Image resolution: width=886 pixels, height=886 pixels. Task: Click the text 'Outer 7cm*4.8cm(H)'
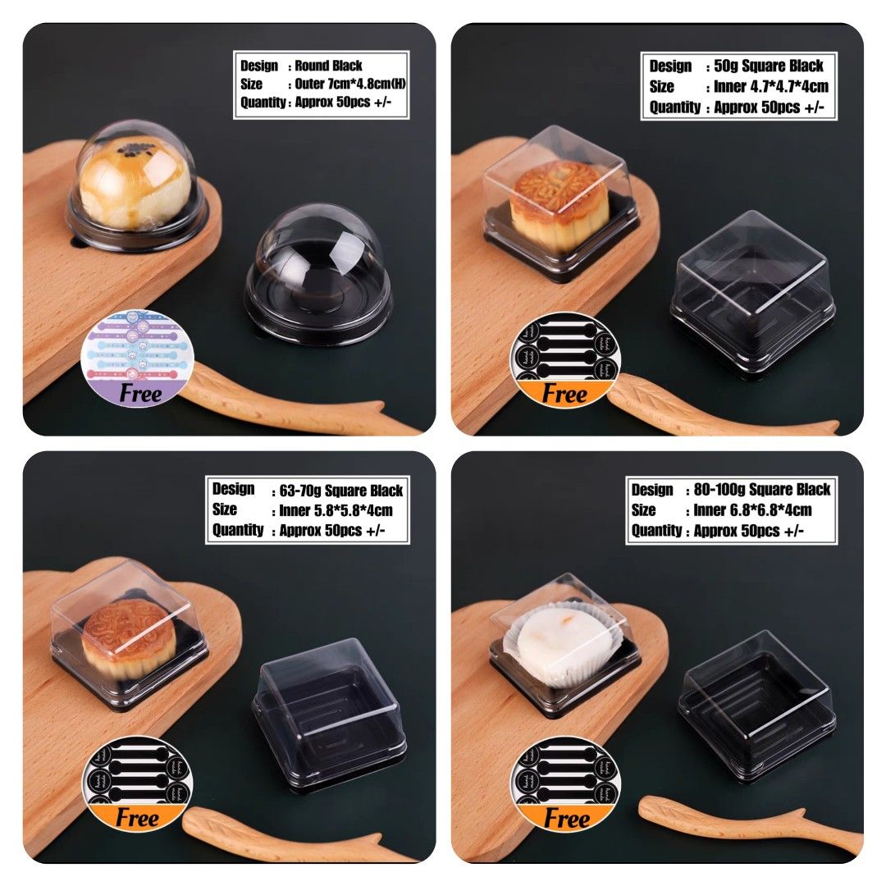coord(347,84)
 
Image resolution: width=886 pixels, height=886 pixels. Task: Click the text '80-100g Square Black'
coord(762,490)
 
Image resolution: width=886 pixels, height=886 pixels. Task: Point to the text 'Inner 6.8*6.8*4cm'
coord(753,510)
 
